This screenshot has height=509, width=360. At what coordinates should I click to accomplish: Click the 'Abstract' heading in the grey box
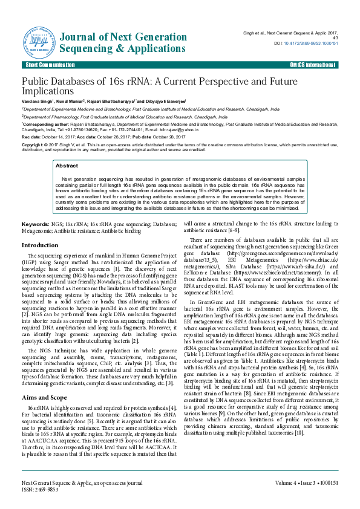tap(67, 165)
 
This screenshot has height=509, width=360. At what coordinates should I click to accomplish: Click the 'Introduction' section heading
tap(40, 245)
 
